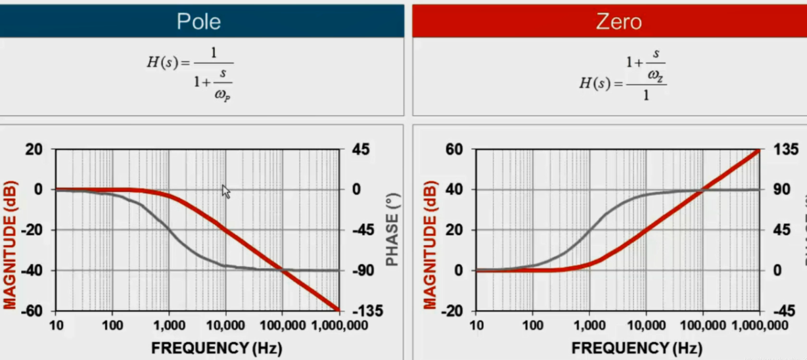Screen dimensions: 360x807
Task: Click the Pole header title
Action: pyautogui.click(x=198, y=22)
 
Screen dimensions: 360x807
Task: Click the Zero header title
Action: pyautogui.click(x=618, y=22)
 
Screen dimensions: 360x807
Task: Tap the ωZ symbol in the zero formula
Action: pyautogui.click(x=655, y=76)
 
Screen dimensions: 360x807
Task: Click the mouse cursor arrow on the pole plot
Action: pyautogui.click(x=225, y=191)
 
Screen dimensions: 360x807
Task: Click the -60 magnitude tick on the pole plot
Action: pyautogui.click(x=33, y=311)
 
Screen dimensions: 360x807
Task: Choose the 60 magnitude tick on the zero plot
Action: pyautogui.click(x=453, y=150)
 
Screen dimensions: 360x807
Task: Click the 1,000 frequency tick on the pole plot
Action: pyautogui.click(x=169, y=325)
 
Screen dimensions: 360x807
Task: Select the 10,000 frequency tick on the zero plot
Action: pyautogui.click(x=646, y=325)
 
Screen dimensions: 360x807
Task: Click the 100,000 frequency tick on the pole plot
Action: pyautogui.click(x=282, y=325)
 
